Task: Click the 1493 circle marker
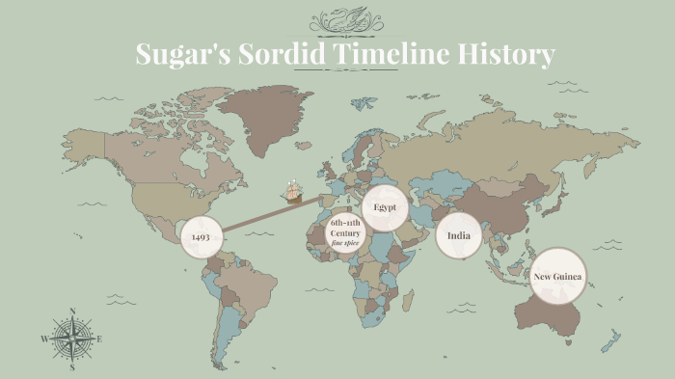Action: [x=202, y=236]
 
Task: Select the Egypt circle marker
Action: [x=385, y=207]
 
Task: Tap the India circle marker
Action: [x=458, y=235]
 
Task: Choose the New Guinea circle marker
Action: [x=559, y=278]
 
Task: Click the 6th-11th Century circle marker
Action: [x=345, y=232]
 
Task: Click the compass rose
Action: [x=72, y=339]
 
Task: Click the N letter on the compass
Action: [x=72, y=311]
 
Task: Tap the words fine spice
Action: [x=345, y=244]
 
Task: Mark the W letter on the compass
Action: [x=44, y=339]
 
